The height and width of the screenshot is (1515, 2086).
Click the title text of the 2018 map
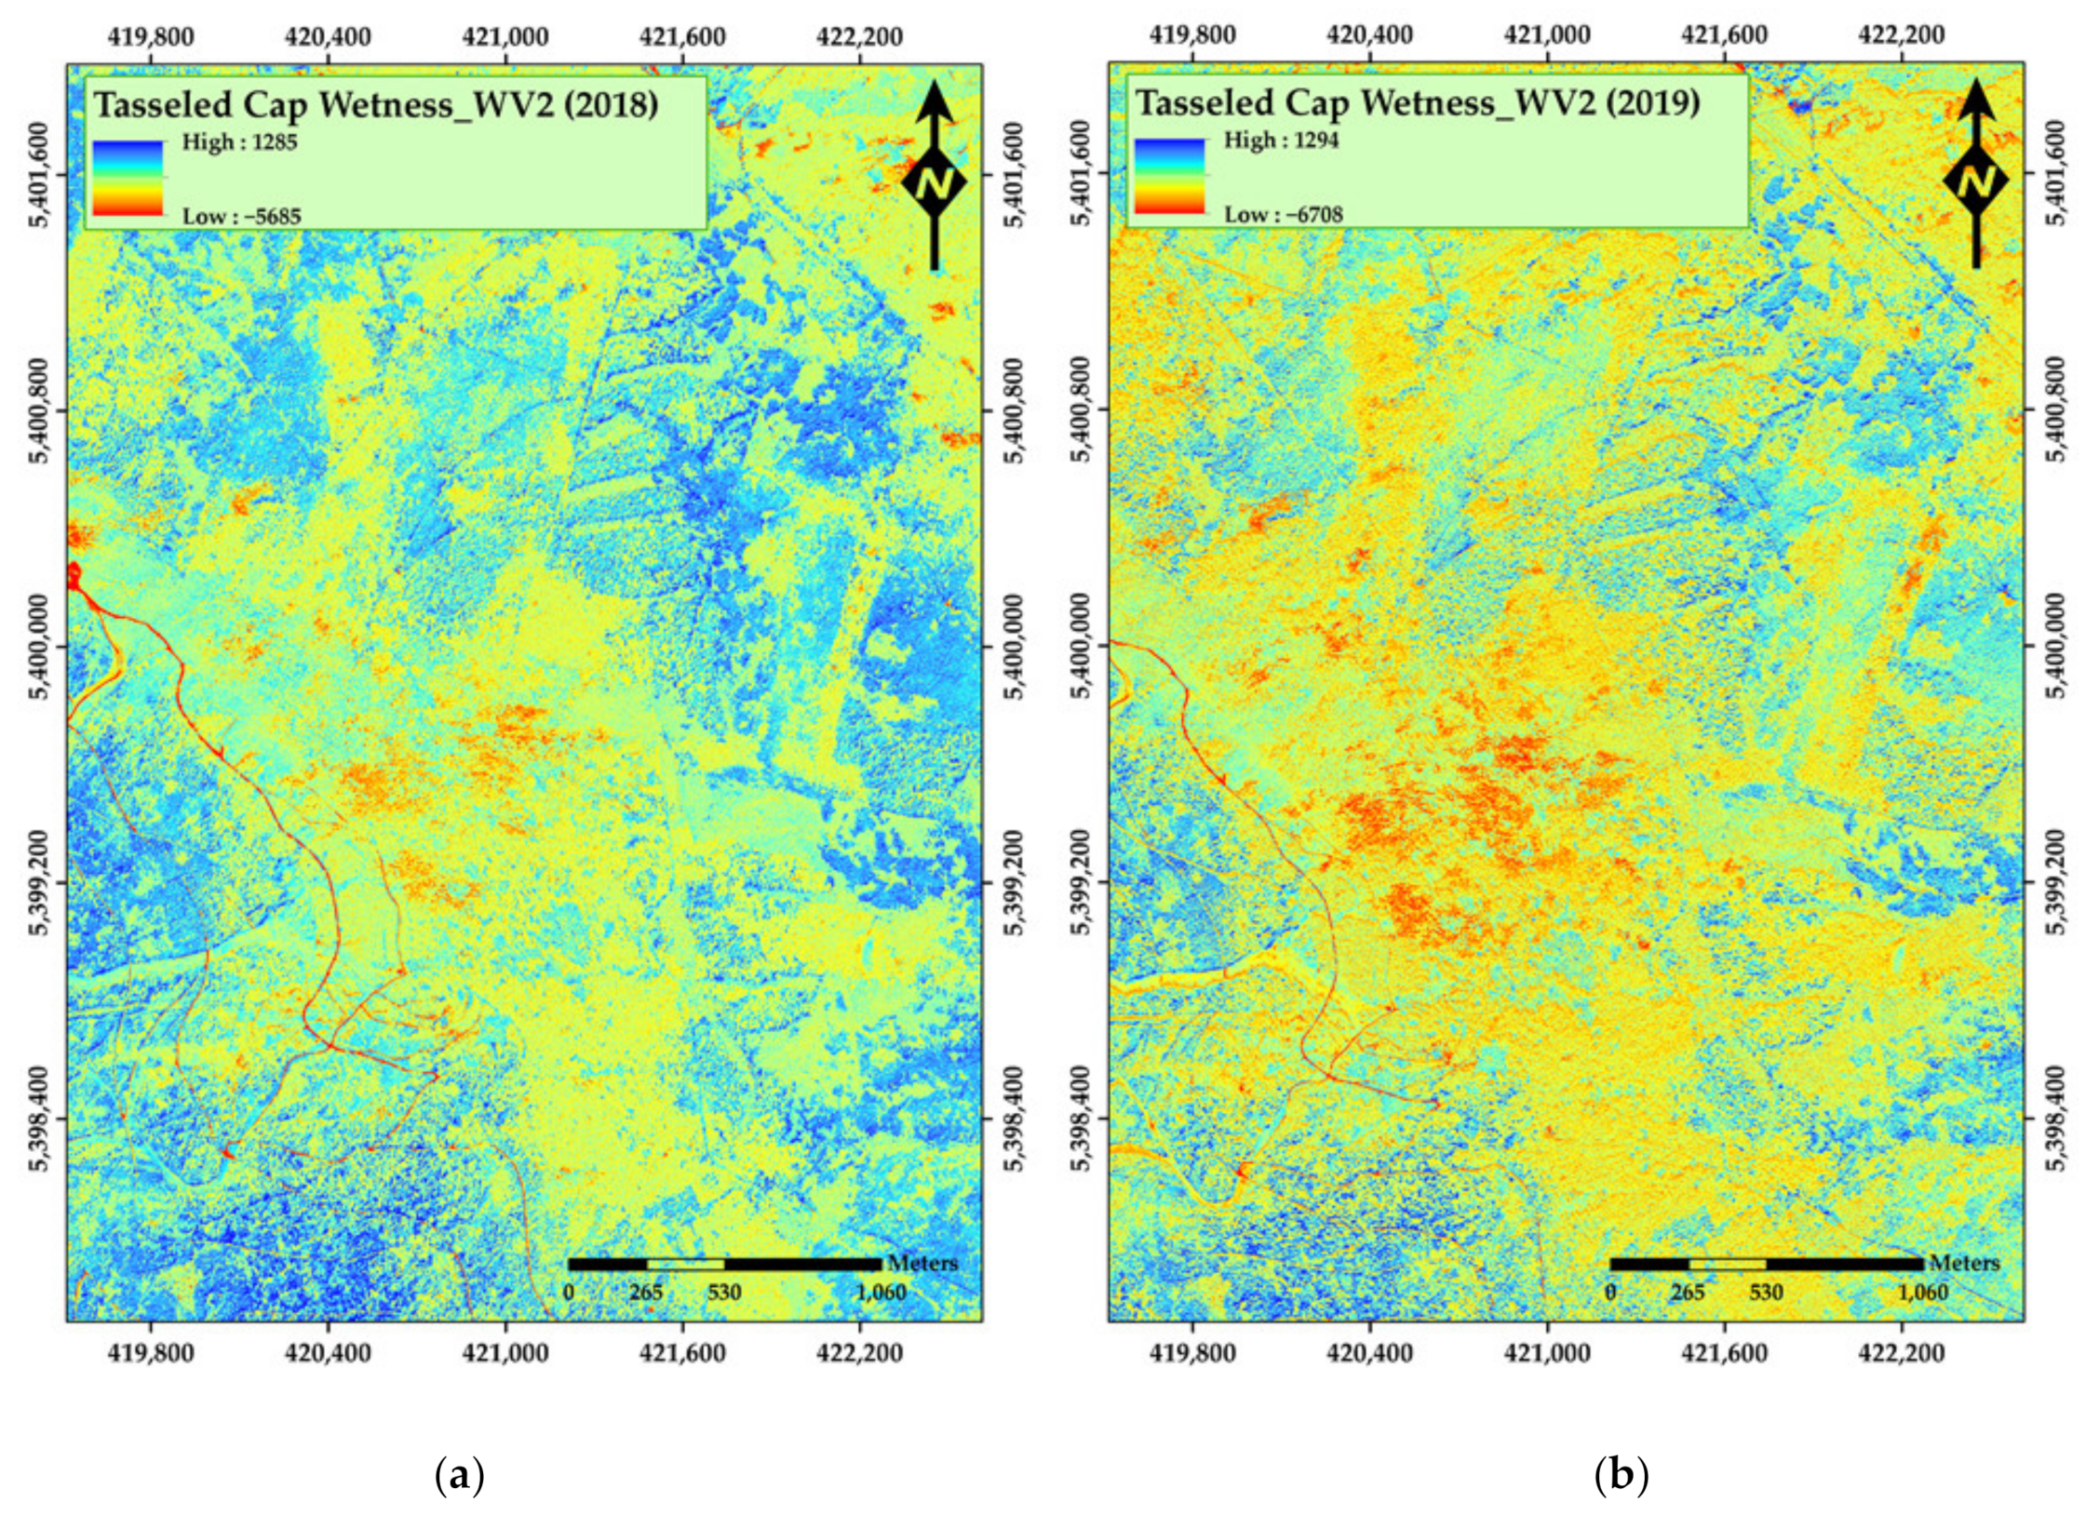(x=376, y=105)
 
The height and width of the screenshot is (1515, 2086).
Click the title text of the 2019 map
(x=1417, y=103)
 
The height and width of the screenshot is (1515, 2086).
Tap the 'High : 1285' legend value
(x=239, y=143)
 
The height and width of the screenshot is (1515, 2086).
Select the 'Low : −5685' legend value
(x=241, y=216)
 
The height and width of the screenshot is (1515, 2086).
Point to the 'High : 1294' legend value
(x=1281, y=141)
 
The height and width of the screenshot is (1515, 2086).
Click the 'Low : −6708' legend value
(x=1283, y=214)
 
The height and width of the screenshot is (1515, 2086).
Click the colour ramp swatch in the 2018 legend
(x=128, y=178)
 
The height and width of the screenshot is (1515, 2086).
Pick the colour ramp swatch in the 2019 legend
(x=1169, y=176)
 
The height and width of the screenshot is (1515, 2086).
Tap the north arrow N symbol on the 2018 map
(x=934, y=182)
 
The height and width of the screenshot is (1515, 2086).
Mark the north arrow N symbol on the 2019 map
(x=1975, y=181)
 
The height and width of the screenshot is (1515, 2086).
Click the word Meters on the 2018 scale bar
(x=922, y=1263)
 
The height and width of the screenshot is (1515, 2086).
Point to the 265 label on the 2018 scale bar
(x=646, y=1293)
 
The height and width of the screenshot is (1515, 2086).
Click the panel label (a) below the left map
(x=460, y=1476)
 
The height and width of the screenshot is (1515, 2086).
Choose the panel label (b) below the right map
(x=1621, y=1476)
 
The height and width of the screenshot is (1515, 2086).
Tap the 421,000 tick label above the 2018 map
(x=505, y=36)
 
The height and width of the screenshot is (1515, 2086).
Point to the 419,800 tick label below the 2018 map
(x=150, y=1352)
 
